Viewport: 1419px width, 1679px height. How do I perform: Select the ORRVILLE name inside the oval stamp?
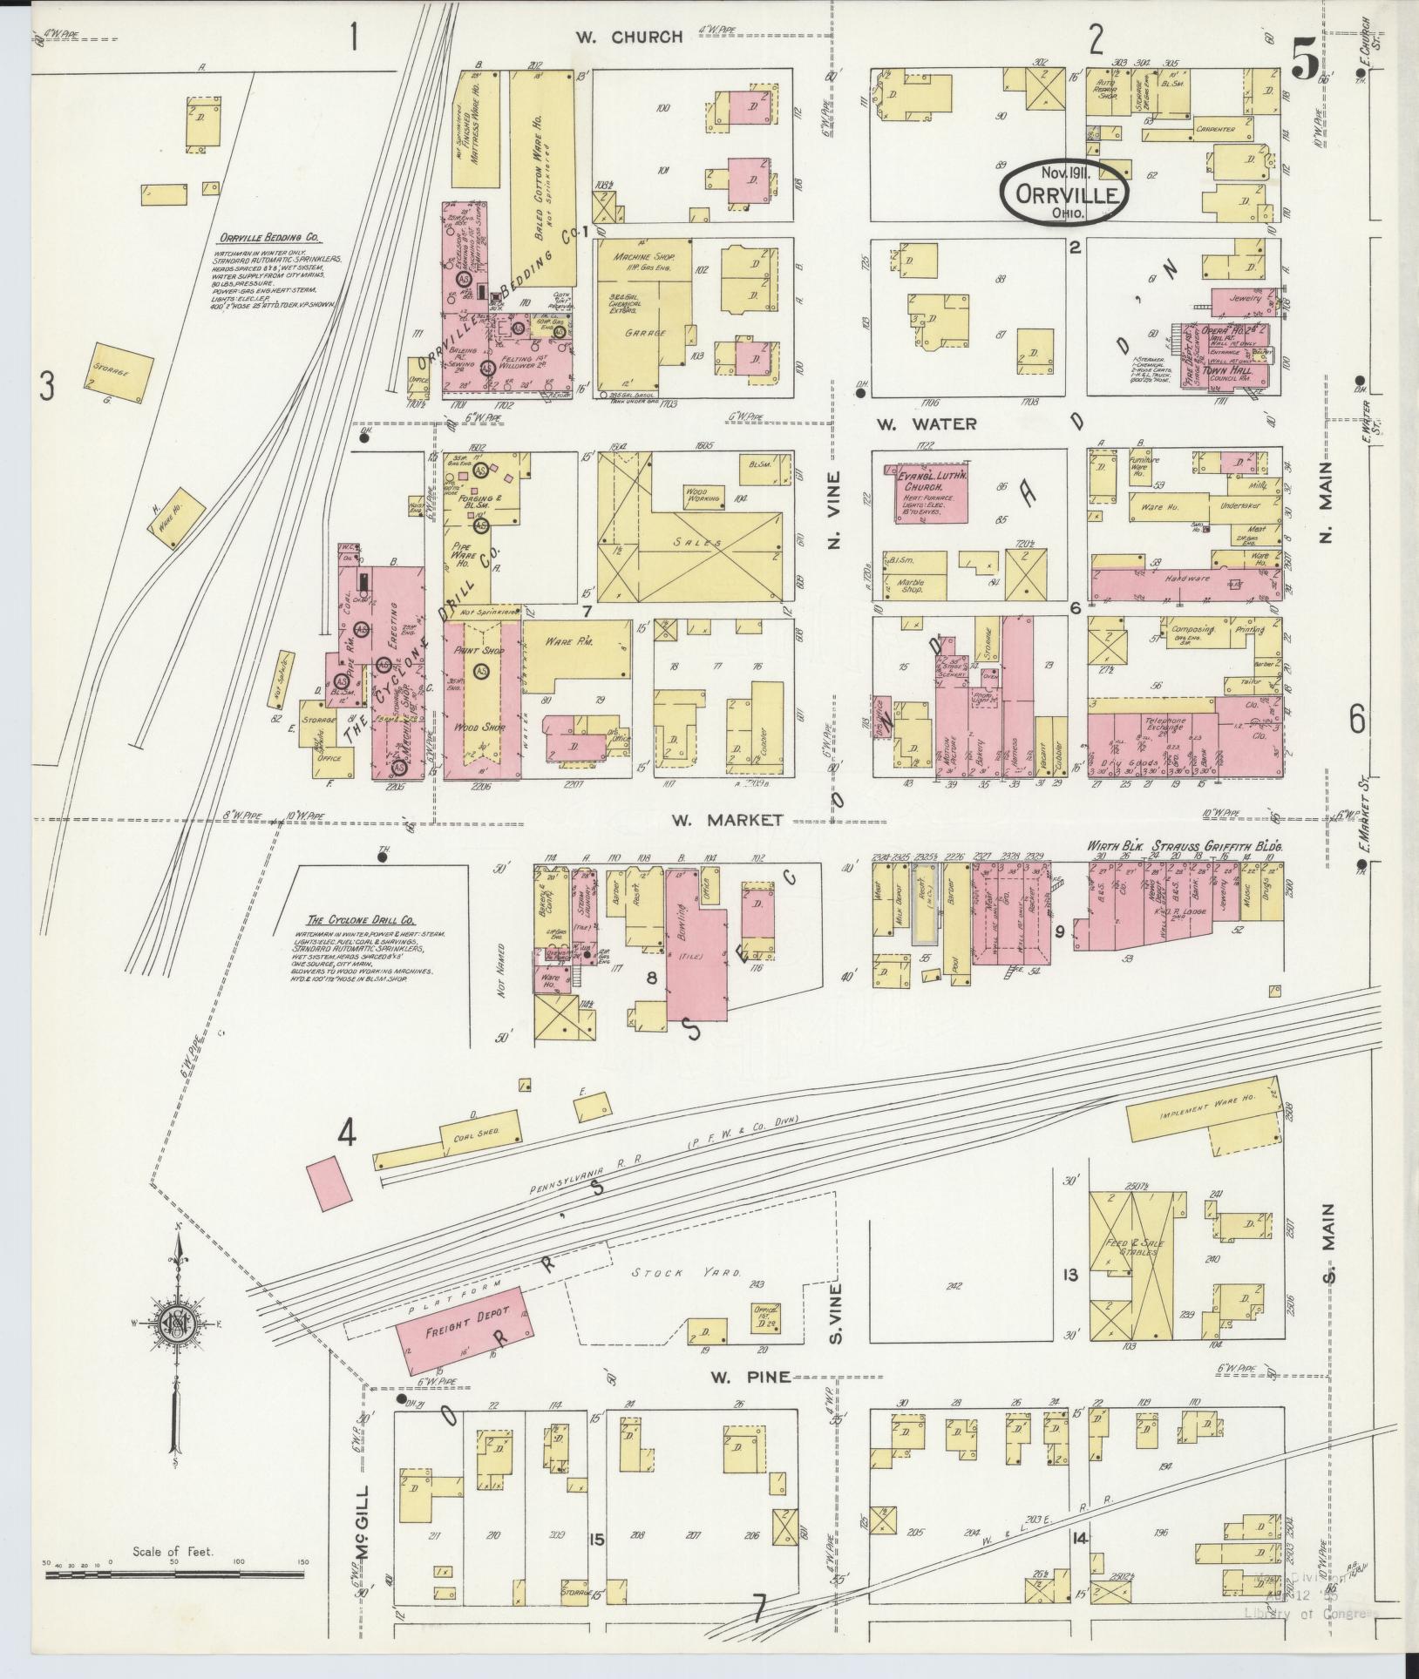(x=1065, y=195)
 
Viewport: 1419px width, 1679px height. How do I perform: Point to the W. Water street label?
(x=927, y=424)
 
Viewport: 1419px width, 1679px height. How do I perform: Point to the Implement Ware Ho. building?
(x=1206, y=1114)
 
